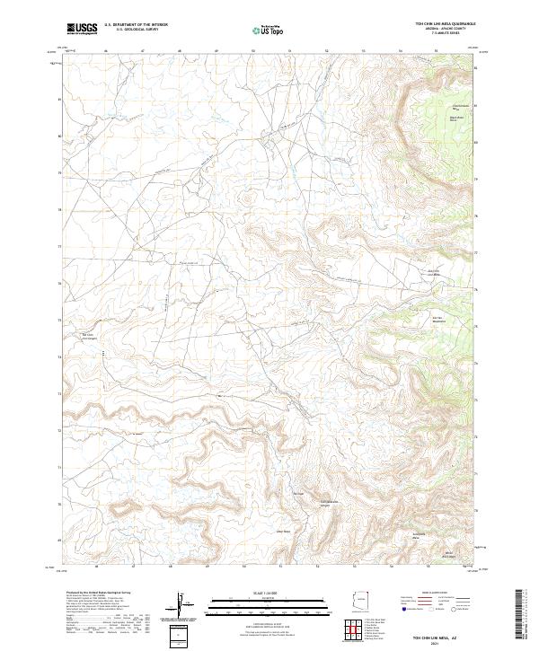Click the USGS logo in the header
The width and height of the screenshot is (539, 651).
click(x=82, y=28)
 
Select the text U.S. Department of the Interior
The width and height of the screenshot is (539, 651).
click(x=136, y=24)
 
